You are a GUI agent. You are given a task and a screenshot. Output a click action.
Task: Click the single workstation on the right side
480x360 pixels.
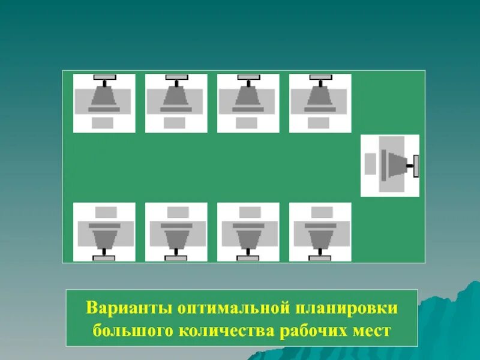click(389, 166)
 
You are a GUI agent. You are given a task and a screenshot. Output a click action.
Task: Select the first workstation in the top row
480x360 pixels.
click(104, 103)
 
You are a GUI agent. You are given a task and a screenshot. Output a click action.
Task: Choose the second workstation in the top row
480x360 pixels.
click(176, 103)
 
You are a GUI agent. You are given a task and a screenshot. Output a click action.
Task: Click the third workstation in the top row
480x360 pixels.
click(248, 103)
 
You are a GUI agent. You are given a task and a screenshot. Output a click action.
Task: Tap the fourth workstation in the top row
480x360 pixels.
click(320, 103)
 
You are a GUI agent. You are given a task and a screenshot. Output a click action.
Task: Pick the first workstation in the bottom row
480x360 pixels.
click(104, 232)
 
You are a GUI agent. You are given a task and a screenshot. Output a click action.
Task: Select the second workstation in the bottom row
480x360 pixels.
click(176, 232)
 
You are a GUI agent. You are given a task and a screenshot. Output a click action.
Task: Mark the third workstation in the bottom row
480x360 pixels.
click(248, 232)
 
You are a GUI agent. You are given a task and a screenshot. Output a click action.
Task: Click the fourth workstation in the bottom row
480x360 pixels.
click(320, 232)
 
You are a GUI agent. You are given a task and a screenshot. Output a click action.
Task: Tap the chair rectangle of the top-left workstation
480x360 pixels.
click(103, 123)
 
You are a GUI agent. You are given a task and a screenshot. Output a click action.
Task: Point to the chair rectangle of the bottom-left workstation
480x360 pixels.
click(106, 212)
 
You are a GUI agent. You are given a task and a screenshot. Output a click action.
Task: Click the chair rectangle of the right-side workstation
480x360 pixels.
click(370, 164)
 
